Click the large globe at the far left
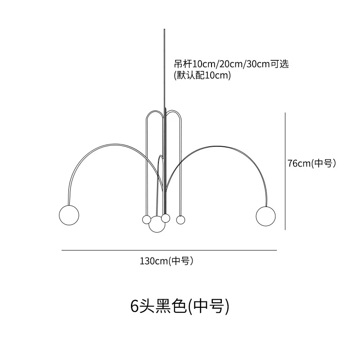point(68,214)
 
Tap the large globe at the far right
point(265,214)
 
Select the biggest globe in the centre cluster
point(157,224)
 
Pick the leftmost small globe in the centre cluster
point(147,219)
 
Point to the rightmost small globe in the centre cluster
point(180,220)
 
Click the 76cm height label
point(312,163)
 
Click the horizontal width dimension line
point(169,250)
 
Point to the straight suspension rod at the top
point(165,67)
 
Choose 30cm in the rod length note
point(253,64)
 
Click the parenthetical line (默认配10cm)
point(202,76)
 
